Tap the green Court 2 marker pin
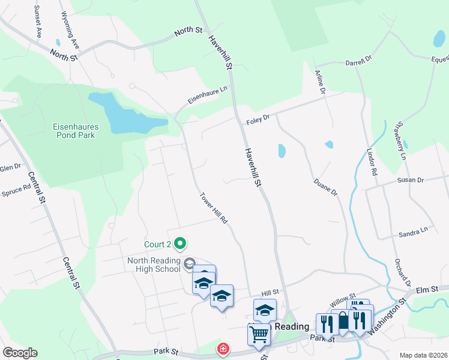[179, 244]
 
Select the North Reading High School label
[154, 265]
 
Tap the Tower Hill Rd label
[214, 209]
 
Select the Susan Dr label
[411, 180]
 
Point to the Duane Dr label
[326, 186]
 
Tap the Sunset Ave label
[38, 22]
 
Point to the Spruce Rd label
[16, 191]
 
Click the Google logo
[19, 353]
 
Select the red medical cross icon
[223, 347]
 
